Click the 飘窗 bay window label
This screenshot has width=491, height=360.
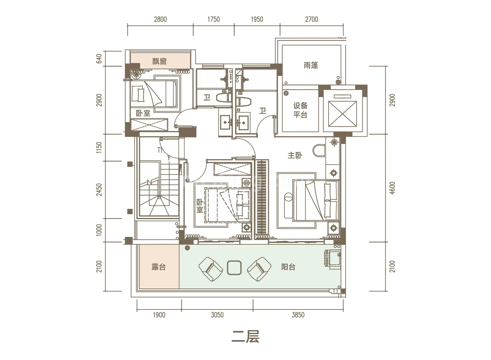point(159,62)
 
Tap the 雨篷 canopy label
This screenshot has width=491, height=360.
point(311,65)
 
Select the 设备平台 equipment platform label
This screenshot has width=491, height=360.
point(300,110)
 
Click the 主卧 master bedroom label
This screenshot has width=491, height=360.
point(295,156)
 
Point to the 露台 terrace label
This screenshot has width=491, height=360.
point(159,267)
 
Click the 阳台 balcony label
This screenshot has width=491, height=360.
point(288,267)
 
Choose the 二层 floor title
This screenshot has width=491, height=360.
point(245,337)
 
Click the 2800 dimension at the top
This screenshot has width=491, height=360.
point(160,19)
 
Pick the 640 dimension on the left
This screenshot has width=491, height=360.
point(99,59)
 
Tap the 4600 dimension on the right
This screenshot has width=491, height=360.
point(392,188)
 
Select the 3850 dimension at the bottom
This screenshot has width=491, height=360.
point(298,315)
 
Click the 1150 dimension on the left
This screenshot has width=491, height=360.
point(99,148)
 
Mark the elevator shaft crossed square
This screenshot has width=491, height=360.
point(342,114)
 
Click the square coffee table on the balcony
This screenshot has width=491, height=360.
point(234,268)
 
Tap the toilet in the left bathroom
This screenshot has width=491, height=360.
point(224,98)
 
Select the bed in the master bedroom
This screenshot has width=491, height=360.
point(316,200)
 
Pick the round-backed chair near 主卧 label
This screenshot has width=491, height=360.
point(318,151)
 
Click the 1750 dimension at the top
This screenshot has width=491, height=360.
point(213,19)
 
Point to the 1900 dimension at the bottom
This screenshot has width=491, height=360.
point(159,315)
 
